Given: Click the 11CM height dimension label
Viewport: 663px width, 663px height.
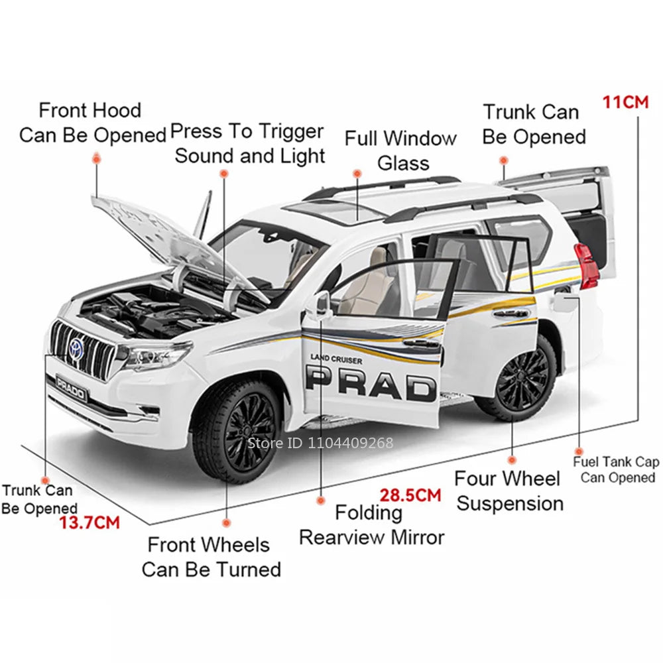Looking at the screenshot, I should tap(625, 103).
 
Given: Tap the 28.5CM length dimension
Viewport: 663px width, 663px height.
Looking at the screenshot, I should tap(410, 495).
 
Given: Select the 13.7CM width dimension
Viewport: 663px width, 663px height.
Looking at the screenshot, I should tap(90, 522).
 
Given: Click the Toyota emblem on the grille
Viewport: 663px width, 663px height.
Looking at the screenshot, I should tap(74, 348).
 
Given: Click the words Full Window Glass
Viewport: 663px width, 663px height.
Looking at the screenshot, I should tap(400, 151).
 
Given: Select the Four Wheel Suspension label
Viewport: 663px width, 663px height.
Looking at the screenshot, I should tap(509, 491).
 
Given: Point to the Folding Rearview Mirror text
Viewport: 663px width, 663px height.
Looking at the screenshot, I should tap(371, 524).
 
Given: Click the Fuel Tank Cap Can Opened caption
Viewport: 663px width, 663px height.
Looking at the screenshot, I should tap(616, 469).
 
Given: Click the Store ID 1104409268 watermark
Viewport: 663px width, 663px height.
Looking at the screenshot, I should tap(320, 443).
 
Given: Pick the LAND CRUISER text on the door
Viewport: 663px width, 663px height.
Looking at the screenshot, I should tap(336, 359).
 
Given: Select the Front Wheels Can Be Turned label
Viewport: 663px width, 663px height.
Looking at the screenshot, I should tap(210, 557).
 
